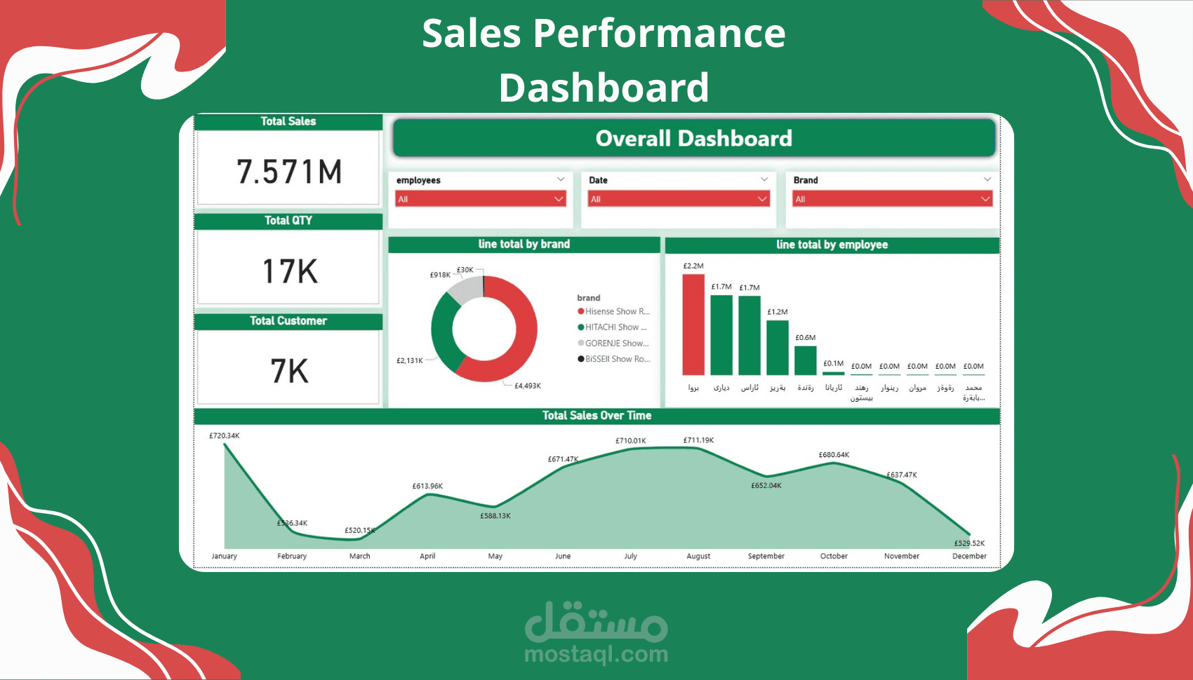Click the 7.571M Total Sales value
pyautogui.click(x=289, y=172)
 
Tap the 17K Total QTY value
pyautogui.click(x=289, y=271)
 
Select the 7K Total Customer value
pyautogui.click(x=289, y=371)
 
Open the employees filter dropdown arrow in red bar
pyautogui.click(x=559, y=199)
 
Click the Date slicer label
pyautogui.click(x=598, y=180)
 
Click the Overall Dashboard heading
pyautogui.click(x=693, y=138)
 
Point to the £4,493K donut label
pyautogui.click(x=527, y=386)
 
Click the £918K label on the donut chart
pyautogui.click(x=440, y=275)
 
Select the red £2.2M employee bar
pyautogui.click(x=693, y=325)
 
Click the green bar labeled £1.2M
pyautogui.click(x=778, y=347)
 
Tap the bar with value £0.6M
pyautogui.click(x=806, y=360)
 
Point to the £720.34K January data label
pyautogui.click(x=224, y=435)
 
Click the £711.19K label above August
pyautogui.click(x=698, y=440)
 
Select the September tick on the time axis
pyautogui.click(x=766, y=556)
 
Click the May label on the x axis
pyautogui.click(x=495, y=556)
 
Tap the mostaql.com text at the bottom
pyautogui.click(x=596, y=655)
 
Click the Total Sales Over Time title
pyautogui.click(x=596, y=416)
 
